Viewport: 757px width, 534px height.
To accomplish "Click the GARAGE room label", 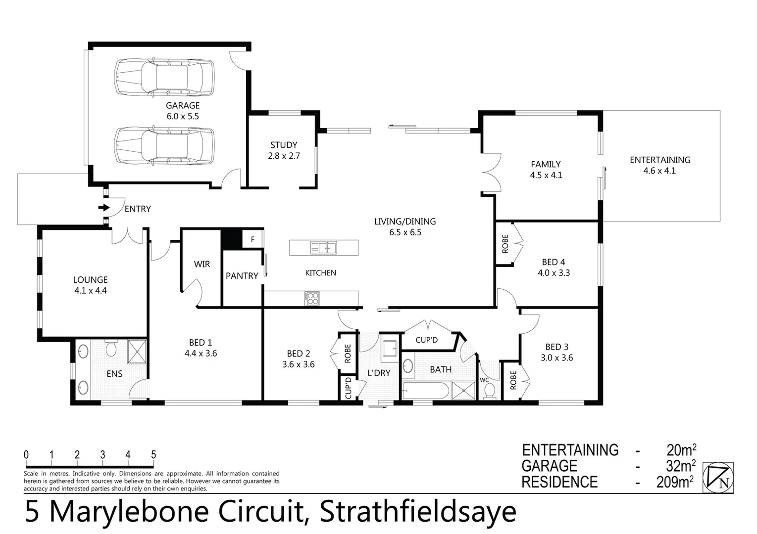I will coord(183,105).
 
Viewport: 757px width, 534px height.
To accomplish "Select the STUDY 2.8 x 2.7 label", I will coord(284,150).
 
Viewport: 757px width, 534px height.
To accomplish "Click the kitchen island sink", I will coord(323,247).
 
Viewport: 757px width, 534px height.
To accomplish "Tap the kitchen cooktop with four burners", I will coord(312,298).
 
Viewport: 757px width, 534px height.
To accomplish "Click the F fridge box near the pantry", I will coord(252,239).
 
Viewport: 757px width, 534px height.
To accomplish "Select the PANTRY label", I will coord(242,276).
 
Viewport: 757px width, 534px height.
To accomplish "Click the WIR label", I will coord(202,264).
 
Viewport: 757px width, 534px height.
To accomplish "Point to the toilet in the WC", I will coord(489,391).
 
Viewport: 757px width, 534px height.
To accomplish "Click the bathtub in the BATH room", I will coord(425,391).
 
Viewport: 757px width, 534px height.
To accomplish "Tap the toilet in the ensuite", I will coord(111,348).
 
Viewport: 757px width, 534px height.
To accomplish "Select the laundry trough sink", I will coord(390,349).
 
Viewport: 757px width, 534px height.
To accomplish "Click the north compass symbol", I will coord(718,478).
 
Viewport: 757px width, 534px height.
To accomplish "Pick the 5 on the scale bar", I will coord(153,455).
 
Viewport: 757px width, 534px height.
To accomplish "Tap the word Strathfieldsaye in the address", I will coord(418,512).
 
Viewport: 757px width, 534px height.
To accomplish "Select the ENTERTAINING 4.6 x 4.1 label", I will coord(659,165).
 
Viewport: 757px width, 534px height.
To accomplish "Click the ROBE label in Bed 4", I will coord(505,244).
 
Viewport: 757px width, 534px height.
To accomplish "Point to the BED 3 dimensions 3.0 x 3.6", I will coord(556,357).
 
